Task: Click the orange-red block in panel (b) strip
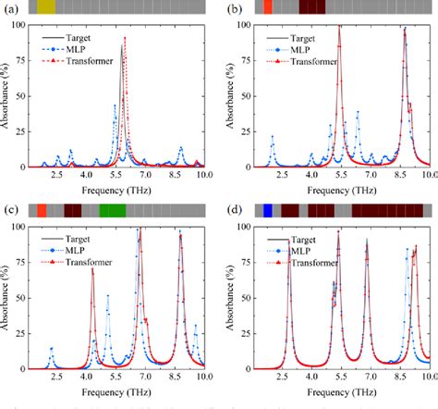[268, 6]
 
